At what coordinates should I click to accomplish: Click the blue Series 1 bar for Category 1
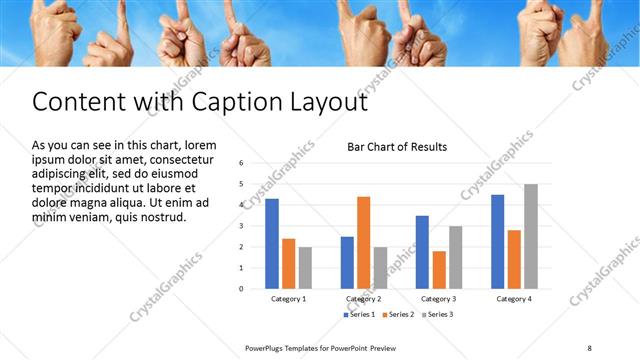pyautogui.click(x=272, y=243)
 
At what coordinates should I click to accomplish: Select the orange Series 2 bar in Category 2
pyautogui.click(x=363, y=242)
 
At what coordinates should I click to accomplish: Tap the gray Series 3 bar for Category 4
pyautogui.click(x=530, y=236)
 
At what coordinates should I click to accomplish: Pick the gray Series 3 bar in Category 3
pyautogui.click(x=455, y=257)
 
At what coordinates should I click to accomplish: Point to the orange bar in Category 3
pyautogui.click(x=439, y=269)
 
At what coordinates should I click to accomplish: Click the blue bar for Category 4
pyautogui.click(x=498, y=241)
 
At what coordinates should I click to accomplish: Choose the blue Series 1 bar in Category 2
pyautogui.click(x=347, y=262)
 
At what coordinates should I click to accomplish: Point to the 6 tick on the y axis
pyautogui.click(x=241, y=163)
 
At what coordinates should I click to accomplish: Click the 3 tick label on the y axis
pyautogui.click(x=241, y=226)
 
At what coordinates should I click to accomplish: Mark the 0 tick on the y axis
pyautogui.click(x=241, y=289)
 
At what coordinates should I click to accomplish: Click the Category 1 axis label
pyautogui.click(x=288, y=299)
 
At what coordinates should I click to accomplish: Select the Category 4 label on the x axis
pyautogui.click(x=514, y=299)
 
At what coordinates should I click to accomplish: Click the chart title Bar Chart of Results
pyautogui.click(x=397, y=147)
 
